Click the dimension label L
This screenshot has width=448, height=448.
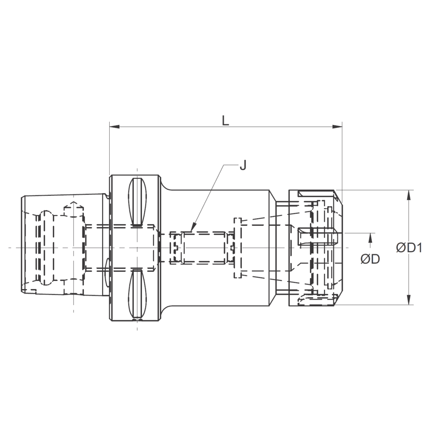[x=225, y=120]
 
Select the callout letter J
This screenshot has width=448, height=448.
[x=242, y=166]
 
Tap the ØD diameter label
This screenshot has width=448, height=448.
[x=370, y=258]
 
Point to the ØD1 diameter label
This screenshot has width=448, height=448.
[x=409, y=247]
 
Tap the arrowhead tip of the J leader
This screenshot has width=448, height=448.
[x=191, y=229]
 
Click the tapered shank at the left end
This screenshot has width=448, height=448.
[x=63, y=246]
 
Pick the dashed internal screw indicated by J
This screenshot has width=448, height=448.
[x=204, y=248]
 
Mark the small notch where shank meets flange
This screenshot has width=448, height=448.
[x=107, y=196]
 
